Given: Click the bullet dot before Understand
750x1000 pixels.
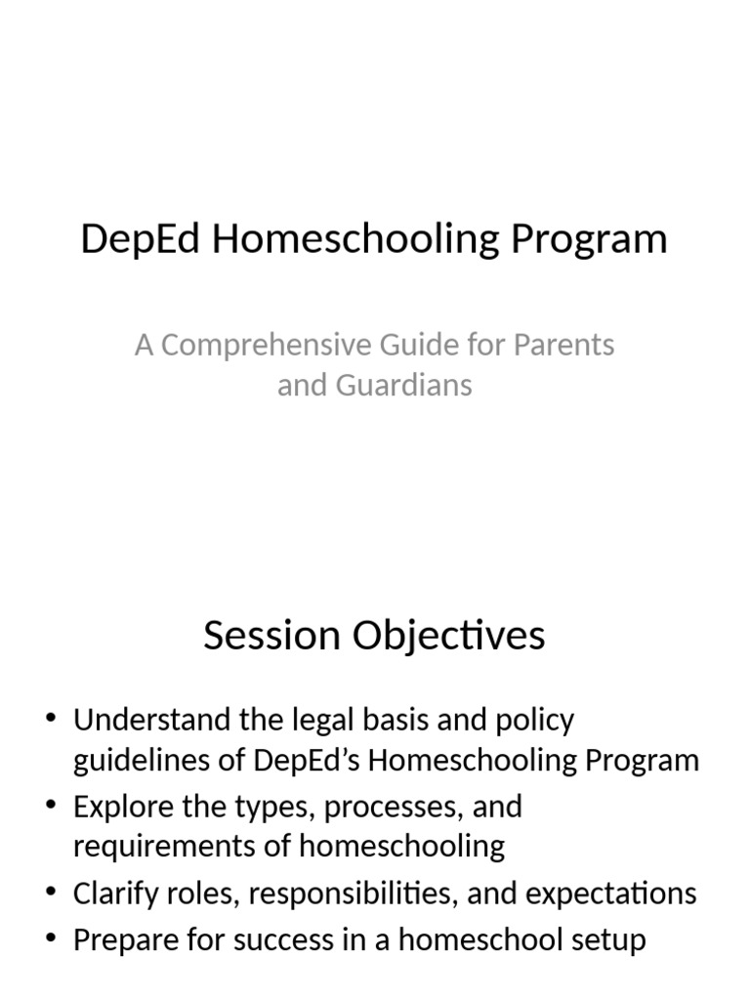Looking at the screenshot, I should pyautogui.click(x=52, y=721).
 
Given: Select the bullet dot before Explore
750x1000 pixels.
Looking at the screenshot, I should pyautogui.click(x=52, y=808).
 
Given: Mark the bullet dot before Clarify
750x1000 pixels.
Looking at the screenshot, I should pyautogui.click(x=52, y=894).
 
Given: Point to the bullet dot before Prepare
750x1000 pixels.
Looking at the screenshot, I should pyautogui.click(x=52, y=940).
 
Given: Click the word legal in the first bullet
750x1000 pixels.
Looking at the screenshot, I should pyautogui.click(x=328, y=721).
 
